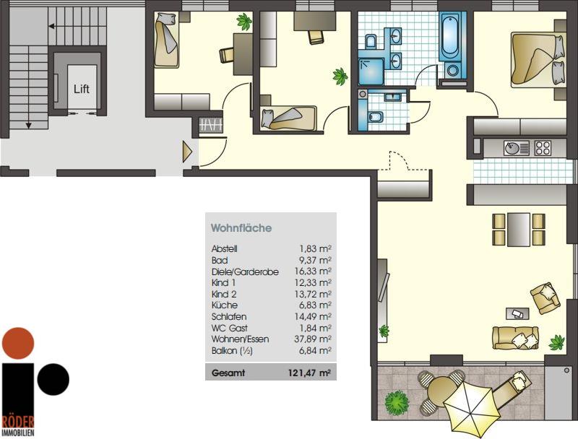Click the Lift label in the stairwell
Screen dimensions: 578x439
pyautogui.click(x=82, y=89)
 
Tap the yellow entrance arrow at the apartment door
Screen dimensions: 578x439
pyautogui.click(x=187, y=152)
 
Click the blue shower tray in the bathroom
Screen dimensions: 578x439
pyautogui.click(x=371, y=71)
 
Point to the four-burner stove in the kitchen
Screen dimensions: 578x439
pyautogui.click(x=543, y=148)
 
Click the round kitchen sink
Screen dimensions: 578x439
pyautogui.click(x=512, y=149)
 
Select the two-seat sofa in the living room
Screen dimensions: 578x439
pyautogui.click(x=516, y=338)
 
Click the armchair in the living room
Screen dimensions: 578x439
pyautogui.click(x=545, y=297)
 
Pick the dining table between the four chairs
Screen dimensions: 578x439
pyautogui.click(x=519, y=230)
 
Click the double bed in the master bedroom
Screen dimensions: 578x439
pyautogui.click(x=538, y=60)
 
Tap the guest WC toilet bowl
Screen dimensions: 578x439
pyautogui.click(x=376, y=117)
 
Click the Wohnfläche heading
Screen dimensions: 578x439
pyautogui.click(x=241, y=228)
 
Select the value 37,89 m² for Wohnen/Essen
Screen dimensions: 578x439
pyautogui.click(x=313, y=339)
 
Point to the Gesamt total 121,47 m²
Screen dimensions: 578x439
pyautogui.click(x=309, y=373)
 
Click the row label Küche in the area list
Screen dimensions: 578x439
pyautogui.click(x=225, y=305)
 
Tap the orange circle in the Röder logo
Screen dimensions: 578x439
pyautogui.click(x=18, y=343)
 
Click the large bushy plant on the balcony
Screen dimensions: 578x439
pyautogui.click(x=397, y=402)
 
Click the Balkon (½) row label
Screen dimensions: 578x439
pyautogui.click(x=232, y=351)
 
